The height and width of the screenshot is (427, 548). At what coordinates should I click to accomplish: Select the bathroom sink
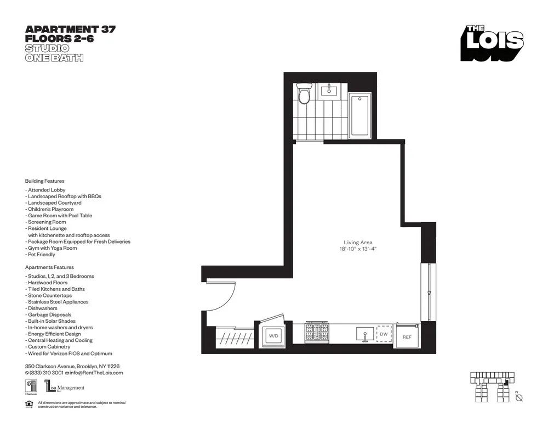330,89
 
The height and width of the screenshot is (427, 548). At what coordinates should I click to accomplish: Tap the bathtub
359,115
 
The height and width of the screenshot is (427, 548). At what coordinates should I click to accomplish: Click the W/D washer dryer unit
272,334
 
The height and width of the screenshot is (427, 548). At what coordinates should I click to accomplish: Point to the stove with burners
316,333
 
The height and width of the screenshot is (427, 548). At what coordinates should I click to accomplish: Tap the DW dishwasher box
384,334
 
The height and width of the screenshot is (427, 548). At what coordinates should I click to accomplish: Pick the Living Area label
358,242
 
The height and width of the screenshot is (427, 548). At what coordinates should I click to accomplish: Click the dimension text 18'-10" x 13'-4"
358,249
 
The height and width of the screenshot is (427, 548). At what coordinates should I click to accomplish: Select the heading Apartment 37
70,30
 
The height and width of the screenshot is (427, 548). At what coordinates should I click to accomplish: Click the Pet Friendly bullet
40,255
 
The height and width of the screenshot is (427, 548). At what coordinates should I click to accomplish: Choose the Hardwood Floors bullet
47,283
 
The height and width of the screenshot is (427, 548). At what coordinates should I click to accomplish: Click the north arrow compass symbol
519,398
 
